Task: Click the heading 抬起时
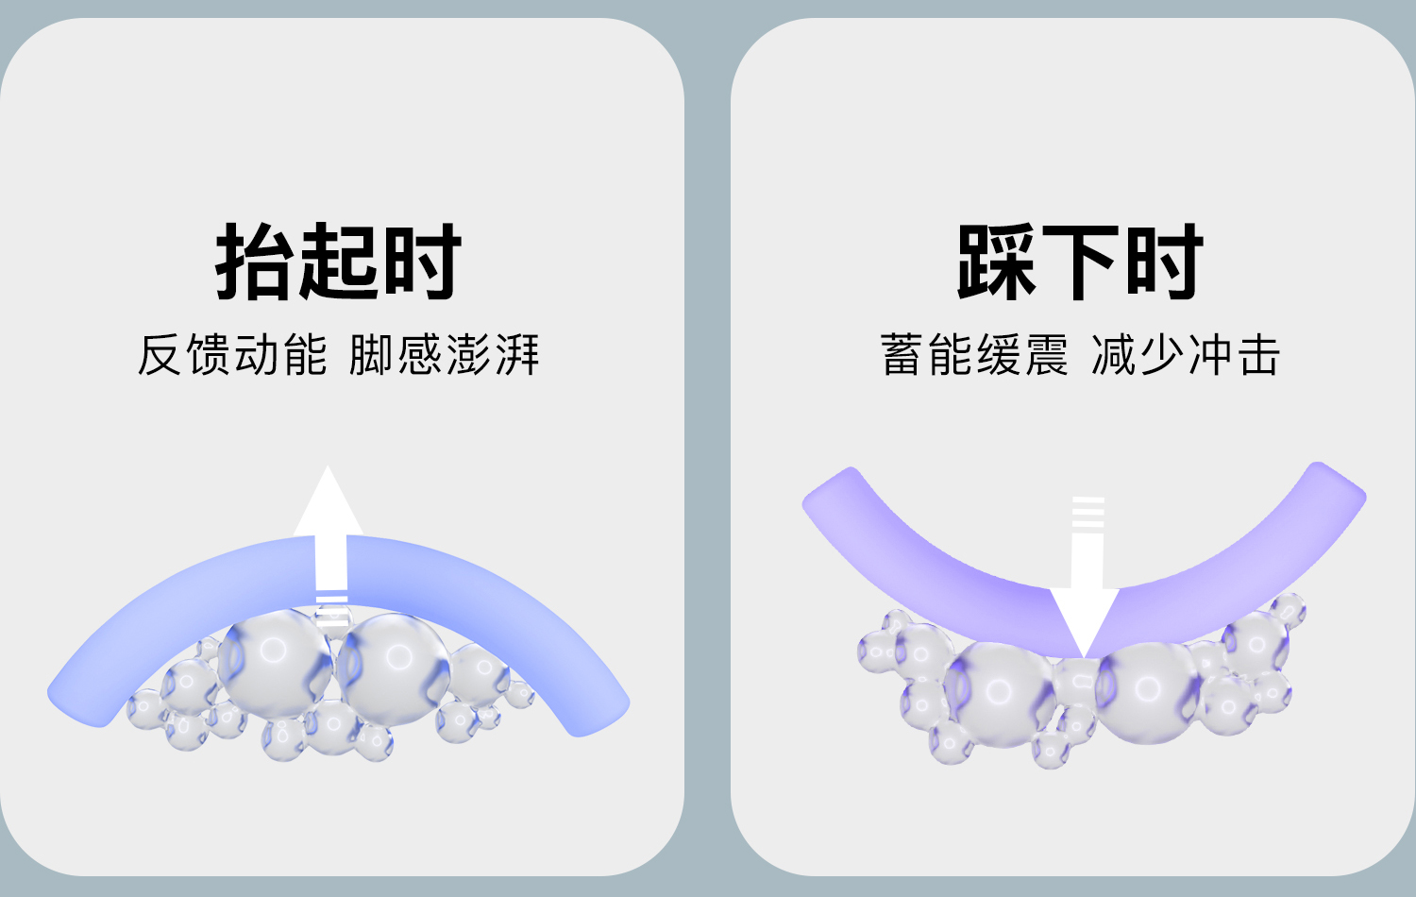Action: coord(338,262)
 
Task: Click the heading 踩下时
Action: coord(1079,262)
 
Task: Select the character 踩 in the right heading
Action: coord(995,262)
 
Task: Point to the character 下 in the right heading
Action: coord(1079,262)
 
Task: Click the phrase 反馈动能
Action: coord(232,355)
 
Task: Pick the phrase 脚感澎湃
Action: coord(444,355)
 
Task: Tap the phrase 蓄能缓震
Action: coord(974,355)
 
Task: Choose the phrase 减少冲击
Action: coord(1186,355)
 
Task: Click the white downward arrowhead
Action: coord(1086,618)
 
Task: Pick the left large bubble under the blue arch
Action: coord(275,661)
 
